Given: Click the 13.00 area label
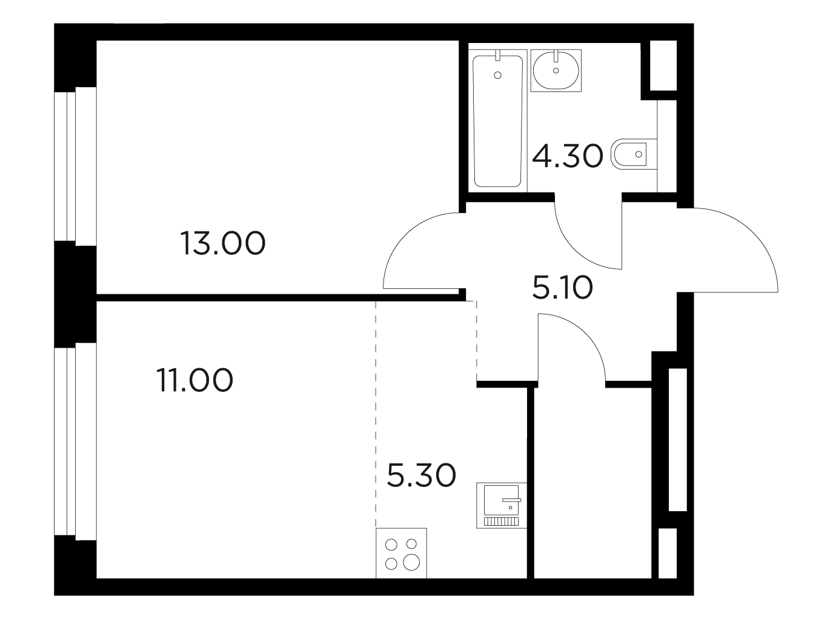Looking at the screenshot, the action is point(223,243).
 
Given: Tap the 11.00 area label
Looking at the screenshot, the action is point(195,380).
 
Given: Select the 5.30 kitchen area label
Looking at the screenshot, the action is point(422,475).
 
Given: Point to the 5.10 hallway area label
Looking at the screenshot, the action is point(563,287).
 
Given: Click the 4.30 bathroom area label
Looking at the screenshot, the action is point(568,156).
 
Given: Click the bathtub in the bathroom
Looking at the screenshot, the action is point(498,121).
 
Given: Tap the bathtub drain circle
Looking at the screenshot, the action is point(497,75).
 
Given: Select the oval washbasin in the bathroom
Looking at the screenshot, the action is point(556,71).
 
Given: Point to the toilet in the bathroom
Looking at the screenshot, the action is point(634,154).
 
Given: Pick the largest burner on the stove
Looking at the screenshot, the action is point(411,562).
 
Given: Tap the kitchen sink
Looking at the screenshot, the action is point(502,506).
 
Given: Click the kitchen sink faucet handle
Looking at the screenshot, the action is point(512,500).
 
